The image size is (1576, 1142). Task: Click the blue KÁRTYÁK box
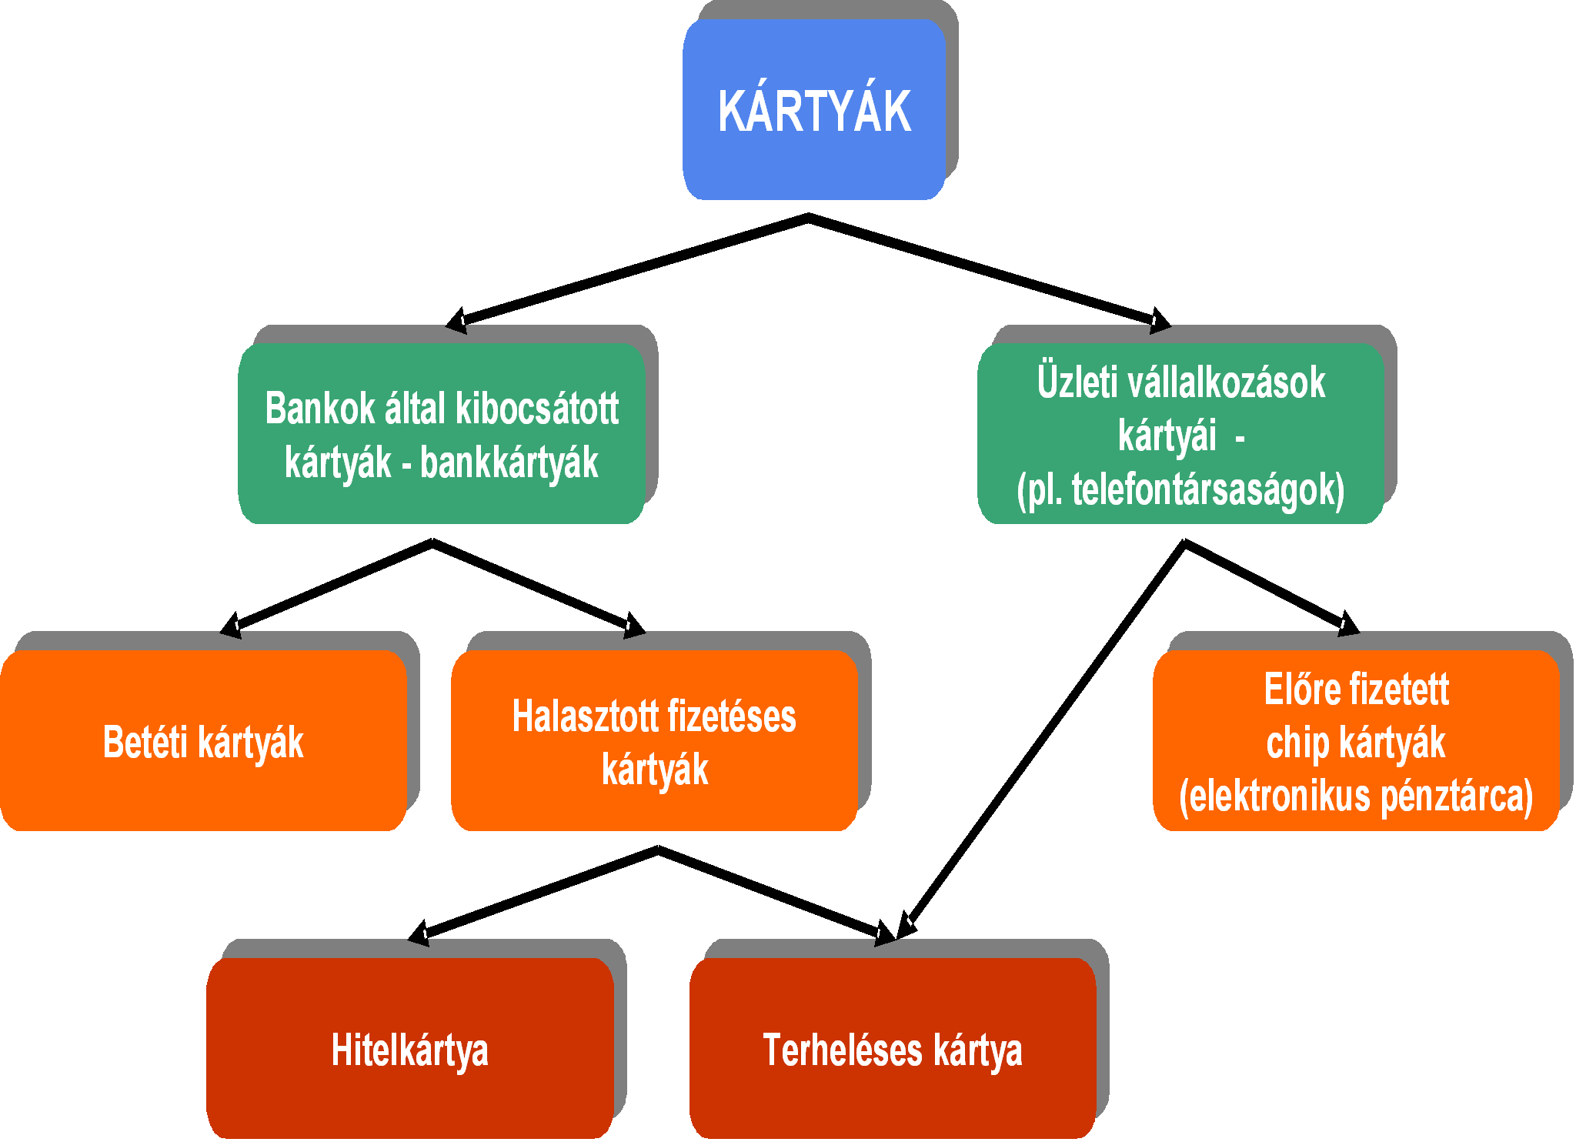point(814,109)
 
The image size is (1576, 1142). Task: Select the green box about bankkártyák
point(442,433)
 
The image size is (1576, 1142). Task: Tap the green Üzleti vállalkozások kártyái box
point(1180,433)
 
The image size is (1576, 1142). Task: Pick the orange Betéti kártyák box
point(203,740)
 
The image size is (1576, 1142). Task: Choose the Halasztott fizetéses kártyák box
point(654,740)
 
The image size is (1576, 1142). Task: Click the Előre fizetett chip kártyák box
point(1356,740)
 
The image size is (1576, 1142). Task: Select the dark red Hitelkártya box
point(409,1048)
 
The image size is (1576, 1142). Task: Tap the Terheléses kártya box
point(893,1048)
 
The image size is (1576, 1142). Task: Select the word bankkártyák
point(509,463)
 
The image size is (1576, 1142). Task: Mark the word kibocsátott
point(537,408)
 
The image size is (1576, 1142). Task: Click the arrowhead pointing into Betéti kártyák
point(231,625)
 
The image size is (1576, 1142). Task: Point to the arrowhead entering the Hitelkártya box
point(419,933)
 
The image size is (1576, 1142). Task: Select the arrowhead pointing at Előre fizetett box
point(1348,623)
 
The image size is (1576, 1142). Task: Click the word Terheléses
point(843,1050)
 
